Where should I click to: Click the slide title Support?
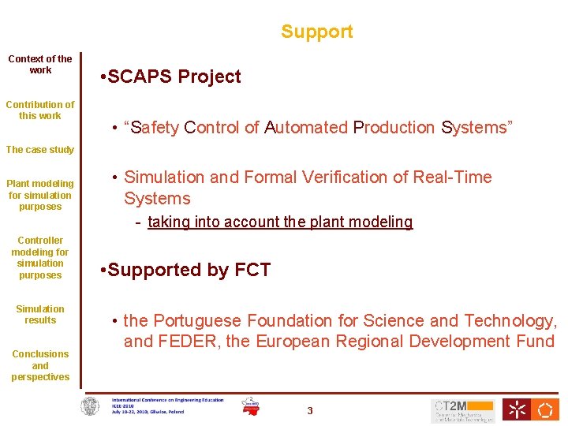[316, 32]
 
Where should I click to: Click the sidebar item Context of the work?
[40, 65]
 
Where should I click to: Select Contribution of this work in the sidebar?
[40, 110]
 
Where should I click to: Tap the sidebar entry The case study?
[40, 150]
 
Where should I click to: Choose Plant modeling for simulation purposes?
[40, 195]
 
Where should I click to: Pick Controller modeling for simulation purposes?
[40, 258]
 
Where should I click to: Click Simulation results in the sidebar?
[40, 315]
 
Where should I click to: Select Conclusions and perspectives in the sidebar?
[40, 365]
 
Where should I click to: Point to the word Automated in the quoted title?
[306, 128]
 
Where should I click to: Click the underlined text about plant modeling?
[280, 222]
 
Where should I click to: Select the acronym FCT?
[252, 271]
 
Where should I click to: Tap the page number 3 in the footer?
[310, 410]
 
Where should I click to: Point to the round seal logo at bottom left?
[92, 408]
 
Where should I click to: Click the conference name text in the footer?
[167, 400]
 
